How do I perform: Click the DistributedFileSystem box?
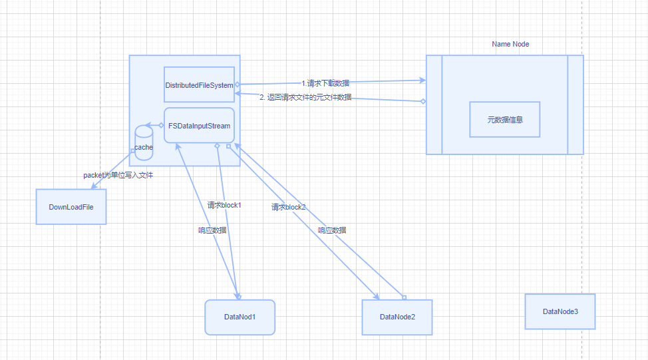(x=199, y=85)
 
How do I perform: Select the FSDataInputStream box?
(x=199, y=125)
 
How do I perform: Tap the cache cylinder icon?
(x=144, y=143)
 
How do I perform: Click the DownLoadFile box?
(x=71, y=206)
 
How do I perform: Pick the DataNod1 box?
(x=240, y=317)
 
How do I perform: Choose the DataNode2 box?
(x=397, y=317)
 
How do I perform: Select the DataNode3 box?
(x=560, y=311)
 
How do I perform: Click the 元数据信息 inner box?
(x=504, y=120)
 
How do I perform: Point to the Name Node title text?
(x=510, y=44)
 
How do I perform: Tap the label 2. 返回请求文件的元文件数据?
(x=305, y=98)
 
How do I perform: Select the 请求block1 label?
(x=224, y=205)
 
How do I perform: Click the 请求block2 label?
(x=288, y=207)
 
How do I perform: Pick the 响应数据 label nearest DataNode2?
(x=331, y=230)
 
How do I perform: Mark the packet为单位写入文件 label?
(x=118, y=175)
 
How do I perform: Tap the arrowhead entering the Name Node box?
(x=422, y=81)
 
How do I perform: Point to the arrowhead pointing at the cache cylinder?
(x=149, y=125)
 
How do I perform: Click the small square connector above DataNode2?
(x=404, y=297)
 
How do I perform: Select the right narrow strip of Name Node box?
(x=575, y=104)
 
